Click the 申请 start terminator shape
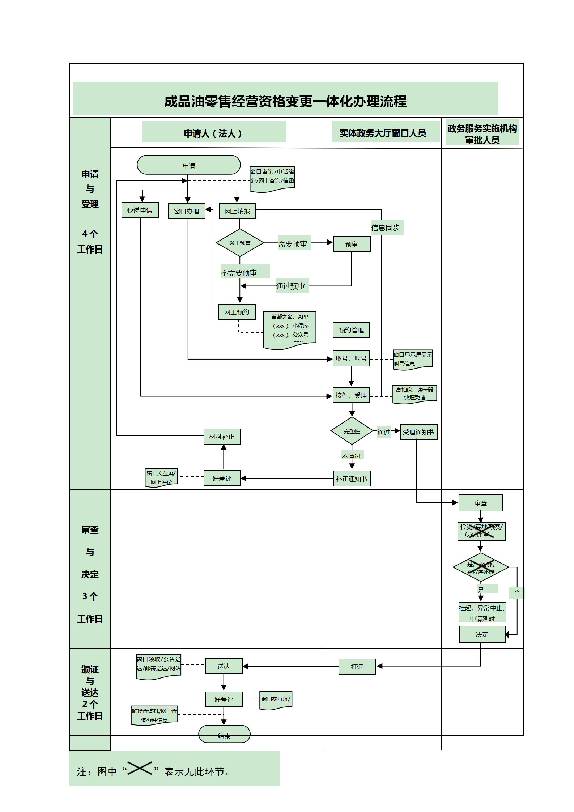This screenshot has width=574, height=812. click(188, 165)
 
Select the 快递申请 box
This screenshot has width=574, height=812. click(140, 210)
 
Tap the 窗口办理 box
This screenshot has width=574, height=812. click(187, 211)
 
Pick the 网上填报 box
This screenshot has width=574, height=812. click(237, 211)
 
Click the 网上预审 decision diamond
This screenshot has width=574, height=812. click(239, 243)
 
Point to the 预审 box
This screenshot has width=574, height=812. click(352, 244)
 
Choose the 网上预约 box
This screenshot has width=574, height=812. click(237, 312)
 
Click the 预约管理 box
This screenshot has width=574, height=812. click(351, 330)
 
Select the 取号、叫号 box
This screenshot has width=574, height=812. click(351, 358)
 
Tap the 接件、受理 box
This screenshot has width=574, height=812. click(351, 395)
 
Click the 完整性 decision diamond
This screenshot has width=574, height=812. click(352, 431)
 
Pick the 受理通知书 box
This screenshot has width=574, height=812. click(418, 432)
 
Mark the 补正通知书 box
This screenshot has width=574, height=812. click(352, 479)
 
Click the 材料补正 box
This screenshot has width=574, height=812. click(222, 437)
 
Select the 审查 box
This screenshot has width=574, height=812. click(481, 503)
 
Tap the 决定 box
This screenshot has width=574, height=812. click(482, 634)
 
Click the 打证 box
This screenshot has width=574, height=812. click(357, 667)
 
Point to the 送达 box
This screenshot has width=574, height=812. click(224, 666)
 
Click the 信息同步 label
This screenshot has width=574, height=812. click(386, 228)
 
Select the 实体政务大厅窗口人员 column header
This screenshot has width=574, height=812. click(383, 133)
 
